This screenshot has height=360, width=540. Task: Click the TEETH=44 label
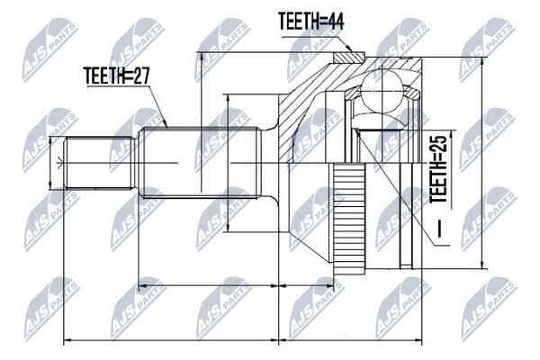point(310,22)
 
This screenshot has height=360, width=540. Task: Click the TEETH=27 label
point(117,76)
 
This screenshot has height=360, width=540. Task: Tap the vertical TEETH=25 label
point(439,169)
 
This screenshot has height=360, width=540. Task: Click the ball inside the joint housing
point(382,90)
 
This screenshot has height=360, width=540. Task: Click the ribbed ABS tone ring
point(349,219)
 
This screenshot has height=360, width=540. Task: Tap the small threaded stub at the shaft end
point(99,163)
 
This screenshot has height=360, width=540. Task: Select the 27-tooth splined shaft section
point(200,163)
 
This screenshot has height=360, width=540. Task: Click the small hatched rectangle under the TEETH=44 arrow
point(348,58)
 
